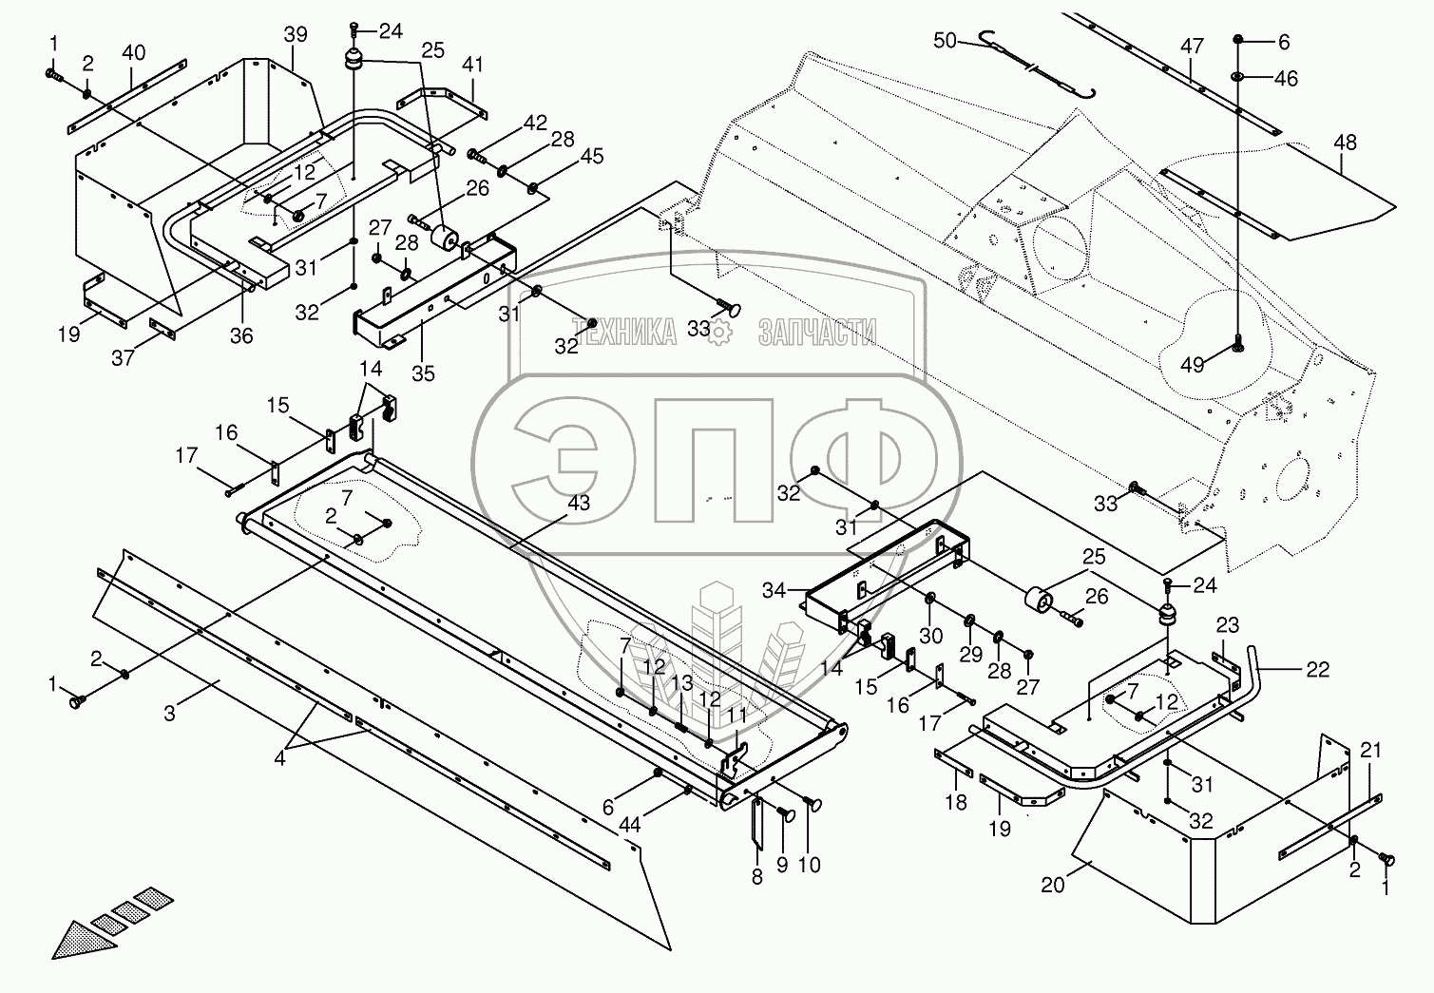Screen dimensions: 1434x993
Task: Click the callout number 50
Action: coord(945,41)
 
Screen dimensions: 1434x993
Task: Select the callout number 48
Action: coord(1345,143)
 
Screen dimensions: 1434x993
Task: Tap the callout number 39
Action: coord(296,34)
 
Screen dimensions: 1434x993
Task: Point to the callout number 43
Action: coord(579,503)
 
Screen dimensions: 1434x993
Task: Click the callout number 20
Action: coord(1052,885)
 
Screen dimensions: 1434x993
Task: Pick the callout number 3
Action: coord(169,713)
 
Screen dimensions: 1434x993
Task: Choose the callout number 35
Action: coord(423,373)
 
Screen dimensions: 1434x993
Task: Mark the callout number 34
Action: coord(774,590)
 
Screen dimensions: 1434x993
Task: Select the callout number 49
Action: coord(1192,365)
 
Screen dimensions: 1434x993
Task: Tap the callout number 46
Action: coord(1286,78)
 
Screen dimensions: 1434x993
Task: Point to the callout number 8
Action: coord(757,876)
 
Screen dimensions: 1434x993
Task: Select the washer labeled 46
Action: coord(1237,78)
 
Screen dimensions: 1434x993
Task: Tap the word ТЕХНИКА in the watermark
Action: coord(625,332)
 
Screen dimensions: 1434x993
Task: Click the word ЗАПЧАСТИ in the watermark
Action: coord(817,332)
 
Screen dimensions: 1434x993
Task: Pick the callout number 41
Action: coord(472,65)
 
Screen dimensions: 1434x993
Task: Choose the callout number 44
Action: coord(629,825)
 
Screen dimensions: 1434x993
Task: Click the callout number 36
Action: coord(241,334)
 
